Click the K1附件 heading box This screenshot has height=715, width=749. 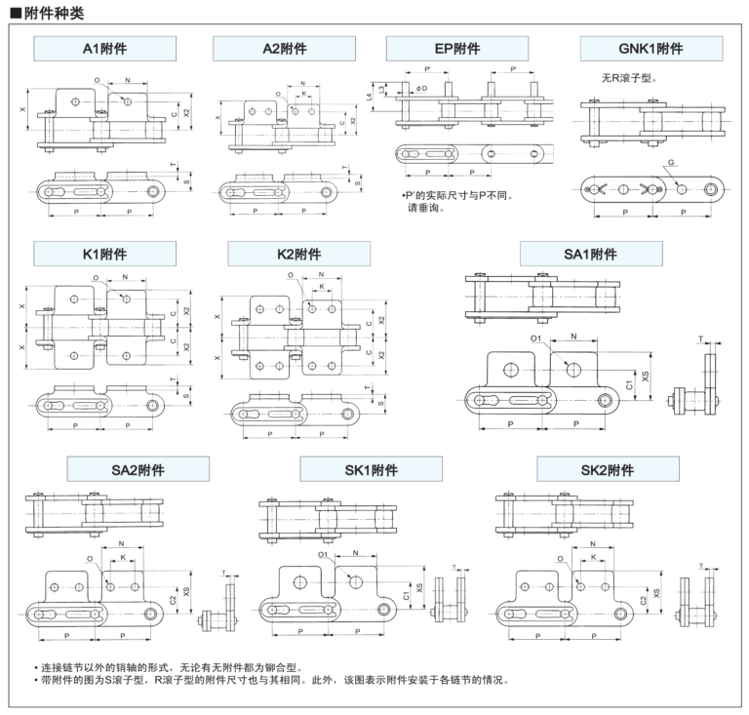[x=104, y=254]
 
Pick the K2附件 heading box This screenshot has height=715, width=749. [x=299, y=254]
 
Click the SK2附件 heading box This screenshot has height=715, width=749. [x=608, y=470]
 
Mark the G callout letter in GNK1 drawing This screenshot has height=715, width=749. [x=672, y=163]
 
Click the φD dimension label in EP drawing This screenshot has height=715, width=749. [x=420, y=90]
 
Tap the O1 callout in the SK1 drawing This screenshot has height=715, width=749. [x=324, y=554]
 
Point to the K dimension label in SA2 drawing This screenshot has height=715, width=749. [x=122, y=558]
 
